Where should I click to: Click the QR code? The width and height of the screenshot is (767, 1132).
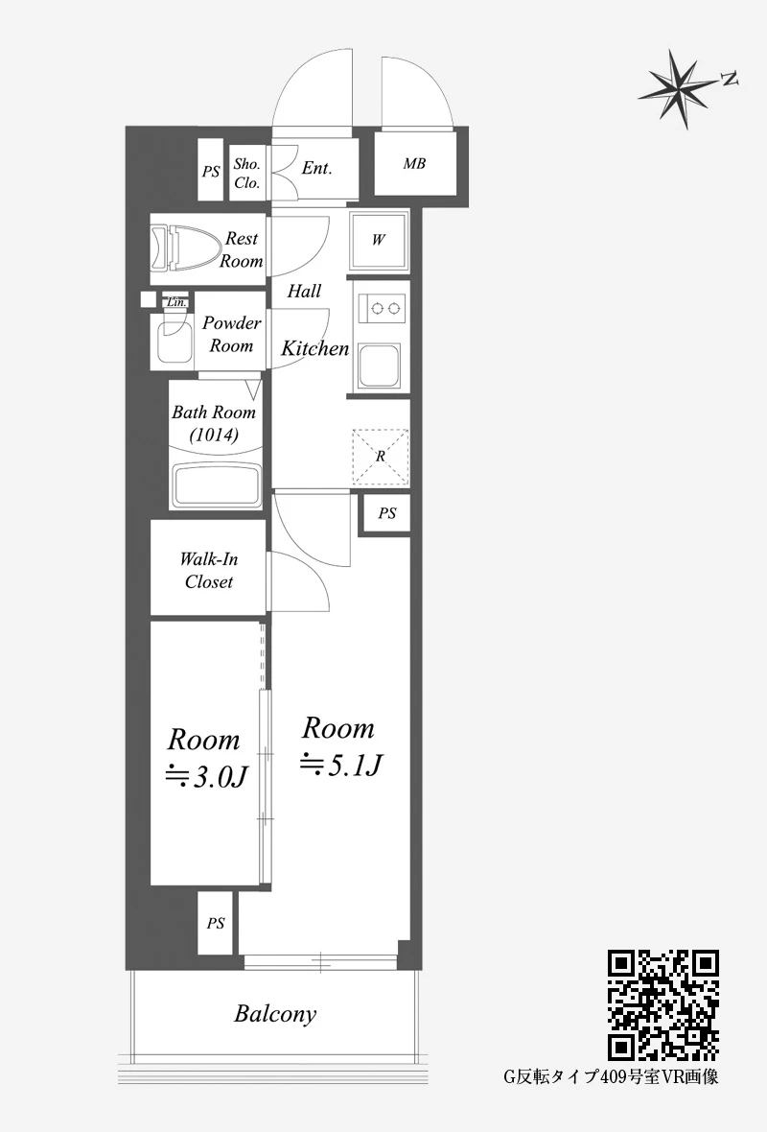tap(663, 1005)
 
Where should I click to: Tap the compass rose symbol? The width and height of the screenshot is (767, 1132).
tap(681, 88)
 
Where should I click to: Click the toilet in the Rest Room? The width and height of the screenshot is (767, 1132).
tap(185, 248)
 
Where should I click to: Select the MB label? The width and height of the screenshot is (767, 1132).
tap(414, 164)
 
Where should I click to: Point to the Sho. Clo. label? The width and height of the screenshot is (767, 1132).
tap(246, 174)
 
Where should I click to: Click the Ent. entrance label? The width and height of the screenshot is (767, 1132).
tap(316, 168)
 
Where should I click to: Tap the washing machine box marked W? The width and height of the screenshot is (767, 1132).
tap(378, 240)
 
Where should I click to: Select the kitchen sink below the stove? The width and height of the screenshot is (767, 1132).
tap(381, 366)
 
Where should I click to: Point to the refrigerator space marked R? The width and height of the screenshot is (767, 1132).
tap(381, 457)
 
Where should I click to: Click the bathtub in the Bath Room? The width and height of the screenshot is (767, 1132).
tap(216, 485)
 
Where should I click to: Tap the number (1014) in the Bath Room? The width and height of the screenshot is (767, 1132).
tap(215, 436)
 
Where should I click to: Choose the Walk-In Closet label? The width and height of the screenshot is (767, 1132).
tap(208, 571)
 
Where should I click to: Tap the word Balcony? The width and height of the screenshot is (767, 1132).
tap(275, 1014)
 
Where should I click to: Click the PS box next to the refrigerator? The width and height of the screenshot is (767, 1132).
tap(386, 513)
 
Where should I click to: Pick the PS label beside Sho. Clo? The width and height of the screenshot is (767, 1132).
tap(211, 172)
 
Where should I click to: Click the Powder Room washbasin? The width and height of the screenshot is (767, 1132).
tap(174, 338)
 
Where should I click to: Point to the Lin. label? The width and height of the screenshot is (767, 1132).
tap(176, 302)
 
